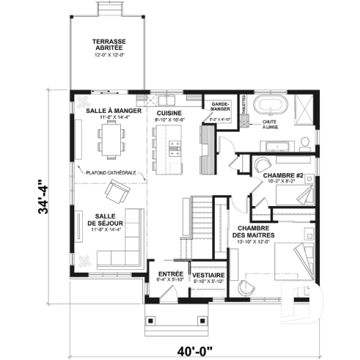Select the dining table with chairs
[x=111, y=139]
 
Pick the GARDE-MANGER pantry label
[x=221, y=108]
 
